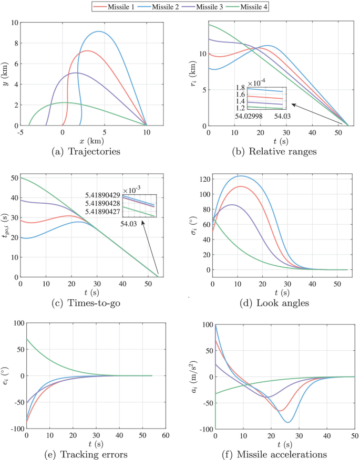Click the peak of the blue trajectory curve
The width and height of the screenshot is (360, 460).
pos(98,32)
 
